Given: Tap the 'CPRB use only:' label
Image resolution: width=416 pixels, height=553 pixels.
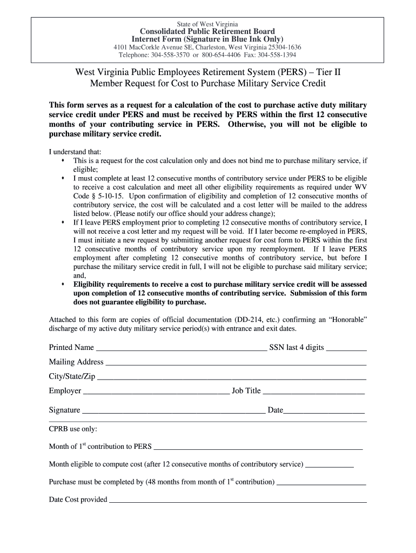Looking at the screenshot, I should point(73,429).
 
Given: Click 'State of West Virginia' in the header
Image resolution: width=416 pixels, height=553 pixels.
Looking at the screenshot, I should point(207,24).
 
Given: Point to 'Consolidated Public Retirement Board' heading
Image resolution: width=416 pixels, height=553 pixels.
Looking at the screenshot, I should point(207,31).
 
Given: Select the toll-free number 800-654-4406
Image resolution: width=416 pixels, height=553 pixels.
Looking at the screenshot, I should point(221,55).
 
